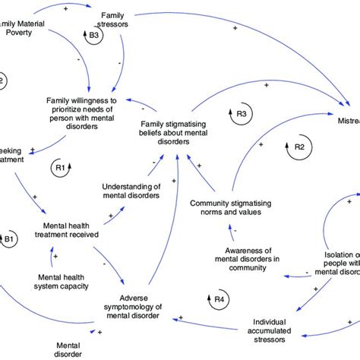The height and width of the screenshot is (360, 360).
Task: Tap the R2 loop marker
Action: (x=299, y=146)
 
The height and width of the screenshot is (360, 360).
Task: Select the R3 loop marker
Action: (x=242, y=114)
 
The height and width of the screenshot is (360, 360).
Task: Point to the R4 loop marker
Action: (x=219, y=300)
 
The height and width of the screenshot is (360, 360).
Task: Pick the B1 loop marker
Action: (x=9, y=242)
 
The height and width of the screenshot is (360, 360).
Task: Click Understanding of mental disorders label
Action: (x=133, y=191)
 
